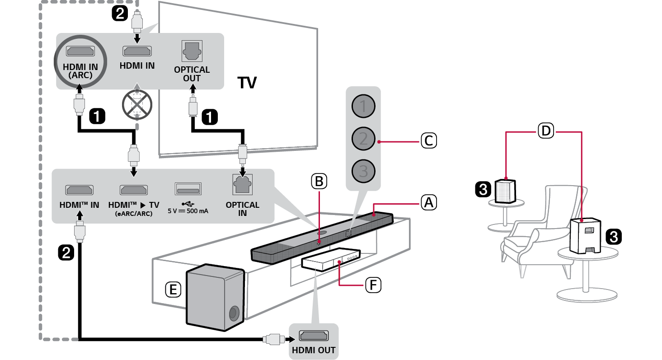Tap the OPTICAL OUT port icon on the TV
192,51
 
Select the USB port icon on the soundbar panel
188,189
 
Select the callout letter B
319,181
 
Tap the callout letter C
428,140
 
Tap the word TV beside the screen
247,83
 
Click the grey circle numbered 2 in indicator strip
364,138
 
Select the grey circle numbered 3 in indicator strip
364,171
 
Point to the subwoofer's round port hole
234,313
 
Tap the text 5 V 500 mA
188,210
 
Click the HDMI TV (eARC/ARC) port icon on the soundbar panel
134,189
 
